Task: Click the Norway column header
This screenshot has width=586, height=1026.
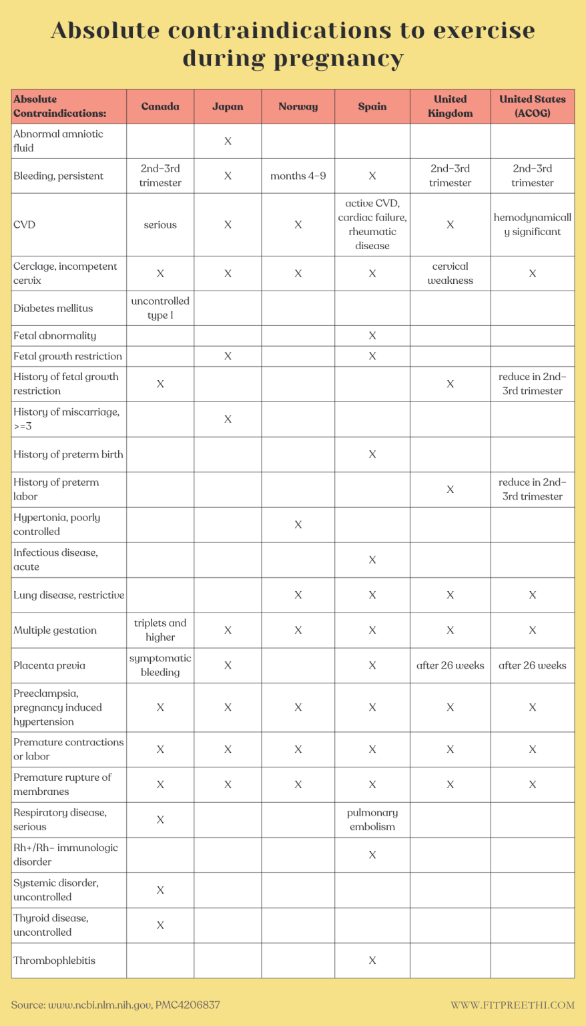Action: coord(298,106)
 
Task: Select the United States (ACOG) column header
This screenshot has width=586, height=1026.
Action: coord(532,106)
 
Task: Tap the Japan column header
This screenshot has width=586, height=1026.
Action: coord(228,106)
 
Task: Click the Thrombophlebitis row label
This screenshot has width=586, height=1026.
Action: coord(55,961)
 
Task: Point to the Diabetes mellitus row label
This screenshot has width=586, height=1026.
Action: coord(53,308)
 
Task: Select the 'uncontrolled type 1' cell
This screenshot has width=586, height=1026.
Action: coord(160,308)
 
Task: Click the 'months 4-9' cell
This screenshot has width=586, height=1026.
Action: coord(298,176)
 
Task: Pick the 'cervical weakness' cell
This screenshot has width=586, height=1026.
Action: coord(450,273)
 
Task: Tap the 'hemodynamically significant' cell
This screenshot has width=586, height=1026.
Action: coord(532,224)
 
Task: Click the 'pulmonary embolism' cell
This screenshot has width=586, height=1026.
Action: coord(372,820)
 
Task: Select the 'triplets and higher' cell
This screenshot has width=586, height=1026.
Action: coord(160,630)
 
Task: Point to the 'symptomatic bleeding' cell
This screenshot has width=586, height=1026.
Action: coord(160,665)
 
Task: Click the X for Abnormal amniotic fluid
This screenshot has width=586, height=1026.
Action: coord(228,141)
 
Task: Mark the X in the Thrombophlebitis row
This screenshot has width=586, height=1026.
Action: coord(372,961)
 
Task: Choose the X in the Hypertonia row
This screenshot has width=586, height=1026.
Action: coord(298,524)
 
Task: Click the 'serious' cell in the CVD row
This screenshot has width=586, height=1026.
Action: coord(160,224)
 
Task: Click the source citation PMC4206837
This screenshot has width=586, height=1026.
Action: coord(188,1005)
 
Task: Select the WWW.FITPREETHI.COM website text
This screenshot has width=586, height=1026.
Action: coord(513,1005)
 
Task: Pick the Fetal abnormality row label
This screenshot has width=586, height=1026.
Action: coord(55,335)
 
